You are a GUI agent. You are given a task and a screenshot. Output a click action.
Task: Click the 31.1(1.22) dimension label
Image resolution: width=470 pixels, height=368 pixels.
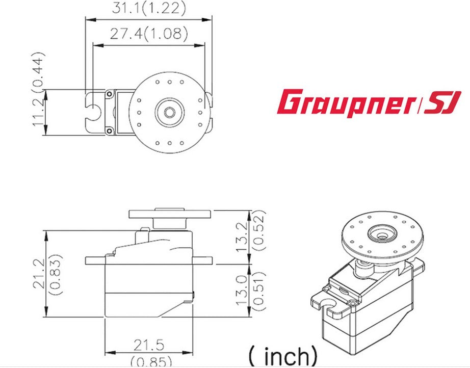coord(148,8)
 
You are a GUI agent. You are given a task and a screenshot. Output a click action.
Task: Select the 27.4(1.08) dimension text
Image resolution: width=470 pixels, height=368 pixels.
coord(149,34)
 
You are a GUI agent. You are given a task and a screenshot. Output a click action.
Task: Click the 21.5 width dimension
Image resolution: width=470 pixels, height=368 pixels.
coord(149,345)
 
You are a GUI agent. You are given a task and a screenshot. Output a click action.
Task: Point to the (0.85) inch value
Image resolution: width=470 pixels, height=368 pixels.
coord(149,362)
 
